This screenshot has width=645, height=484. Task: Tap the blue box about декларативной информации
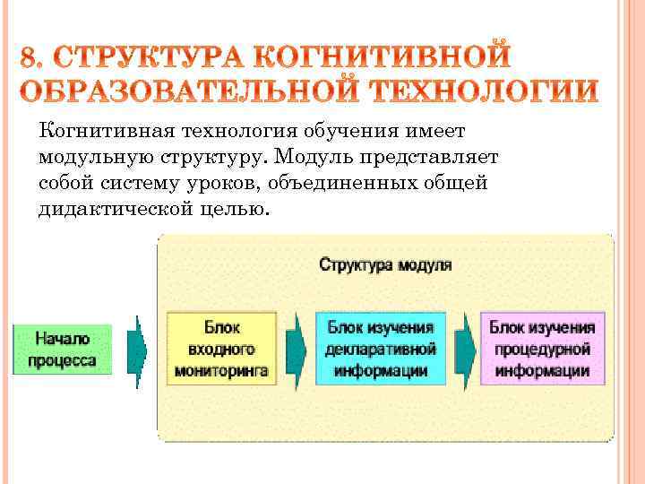coord(381,349)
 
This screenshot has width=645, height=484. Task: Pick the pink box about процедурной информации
coord(542,349)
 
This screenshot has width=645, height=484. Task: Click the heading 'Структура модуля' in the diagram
coord(386,265)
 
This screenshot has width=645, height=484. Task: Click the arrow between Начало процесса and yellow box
coord(138,350)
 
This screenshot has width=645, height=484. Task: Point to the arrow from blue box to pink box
coord(463,349)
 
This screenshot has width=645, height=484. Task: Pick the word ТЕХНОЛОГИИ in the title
coord(483,91)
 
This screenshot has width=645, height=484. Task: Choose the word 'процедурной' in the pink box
coord(541,350)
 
